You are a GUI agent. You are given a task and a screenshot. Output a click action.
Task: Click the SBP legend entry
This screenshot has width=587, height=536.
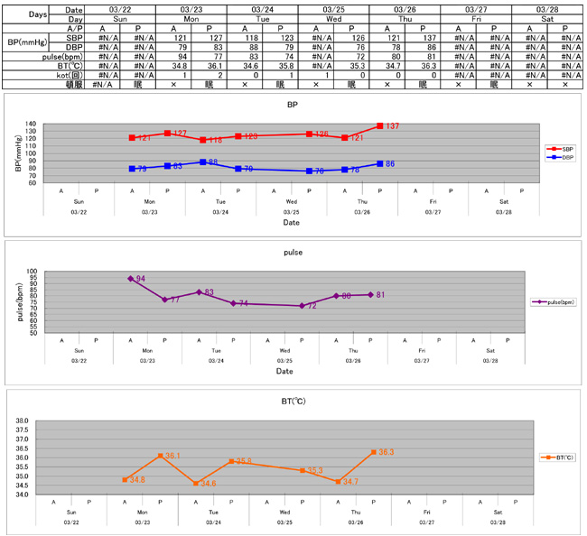559,148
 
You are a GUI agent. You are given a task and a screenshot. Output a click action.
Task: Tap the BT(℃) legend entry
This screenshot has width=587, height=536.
556,457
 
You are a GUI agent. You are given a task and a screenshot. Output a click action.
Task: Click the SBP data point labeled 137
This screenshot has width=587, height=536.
380,126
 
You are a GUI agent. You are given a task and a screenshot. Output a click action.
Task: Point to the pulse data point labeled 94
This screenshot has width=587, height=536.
131,279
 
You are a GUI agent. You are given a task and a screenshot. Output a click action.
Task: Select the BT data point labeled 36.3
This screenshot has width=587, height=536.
373,452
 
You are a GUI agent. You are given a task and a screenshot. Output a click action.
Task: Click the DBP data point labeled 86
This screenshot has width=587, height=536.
380,163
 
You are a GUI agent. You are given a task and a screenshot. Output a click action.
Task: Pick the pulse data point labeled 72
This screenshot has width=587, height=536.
302,306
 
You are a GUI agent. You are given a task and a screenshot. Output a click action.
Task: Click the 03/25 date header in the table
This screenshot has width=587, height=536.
333,8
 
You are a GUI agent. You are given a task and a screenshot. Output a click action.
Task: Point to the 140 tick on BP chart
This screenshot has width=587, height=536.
31,125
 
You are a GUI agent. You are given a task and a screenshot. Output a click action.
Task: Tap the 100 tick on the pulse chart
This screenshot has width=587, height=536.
31,272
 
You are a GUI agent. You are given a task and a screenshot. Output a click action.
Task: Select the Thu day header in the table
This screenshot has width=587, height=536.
404,18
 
